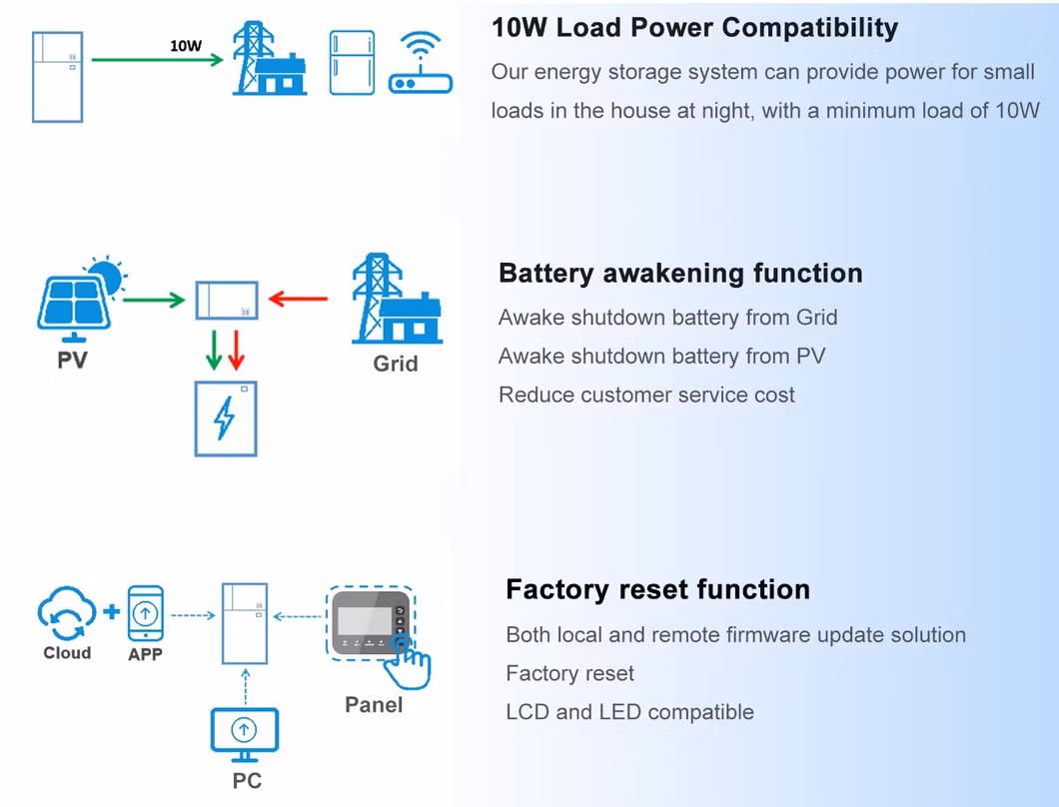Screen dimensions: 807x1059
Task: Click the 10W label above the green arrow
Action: (186, 46)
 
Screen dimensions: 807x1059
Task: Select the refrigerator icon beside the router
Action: (352, 63)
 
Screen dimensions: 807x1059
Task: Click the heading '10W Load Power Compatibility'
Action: (694, 28)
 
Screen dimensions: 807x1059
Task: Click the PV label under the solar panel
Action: (72, 360)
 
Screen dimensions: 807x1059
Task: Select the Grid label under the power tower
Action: (396, 364)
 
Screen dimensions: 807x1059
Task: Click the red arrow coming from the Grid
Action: (299, 298)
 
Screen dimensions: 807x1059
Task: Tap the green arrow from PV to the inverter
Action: (154, 298)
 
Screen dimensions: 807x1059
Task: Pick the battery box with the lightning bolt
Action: (226, 418)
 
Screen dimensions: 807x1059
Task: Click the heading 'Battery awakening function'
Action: (680, 274)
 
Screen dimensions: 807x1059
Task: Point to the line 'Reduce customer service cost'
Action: (646, 395)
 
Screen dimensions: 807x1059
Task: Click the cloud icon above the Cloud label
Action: (67, 613)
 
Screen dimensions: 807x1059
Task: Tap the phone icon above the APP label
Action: (146, 612)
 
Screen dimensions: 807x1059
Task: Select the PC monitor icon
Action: (246, 733)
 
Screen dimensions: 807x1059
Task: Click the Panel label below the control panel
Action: (374, 705)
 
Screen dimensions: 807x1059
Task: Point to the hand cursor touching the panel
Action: (410, 663)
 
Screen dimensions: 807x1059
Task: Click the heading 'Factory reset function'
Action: (657, 589)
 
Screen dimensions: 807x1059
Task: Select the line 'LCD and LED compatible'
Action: (629, 712)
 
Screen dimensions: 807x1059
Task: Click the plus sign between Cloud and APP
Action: (110, 611)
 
